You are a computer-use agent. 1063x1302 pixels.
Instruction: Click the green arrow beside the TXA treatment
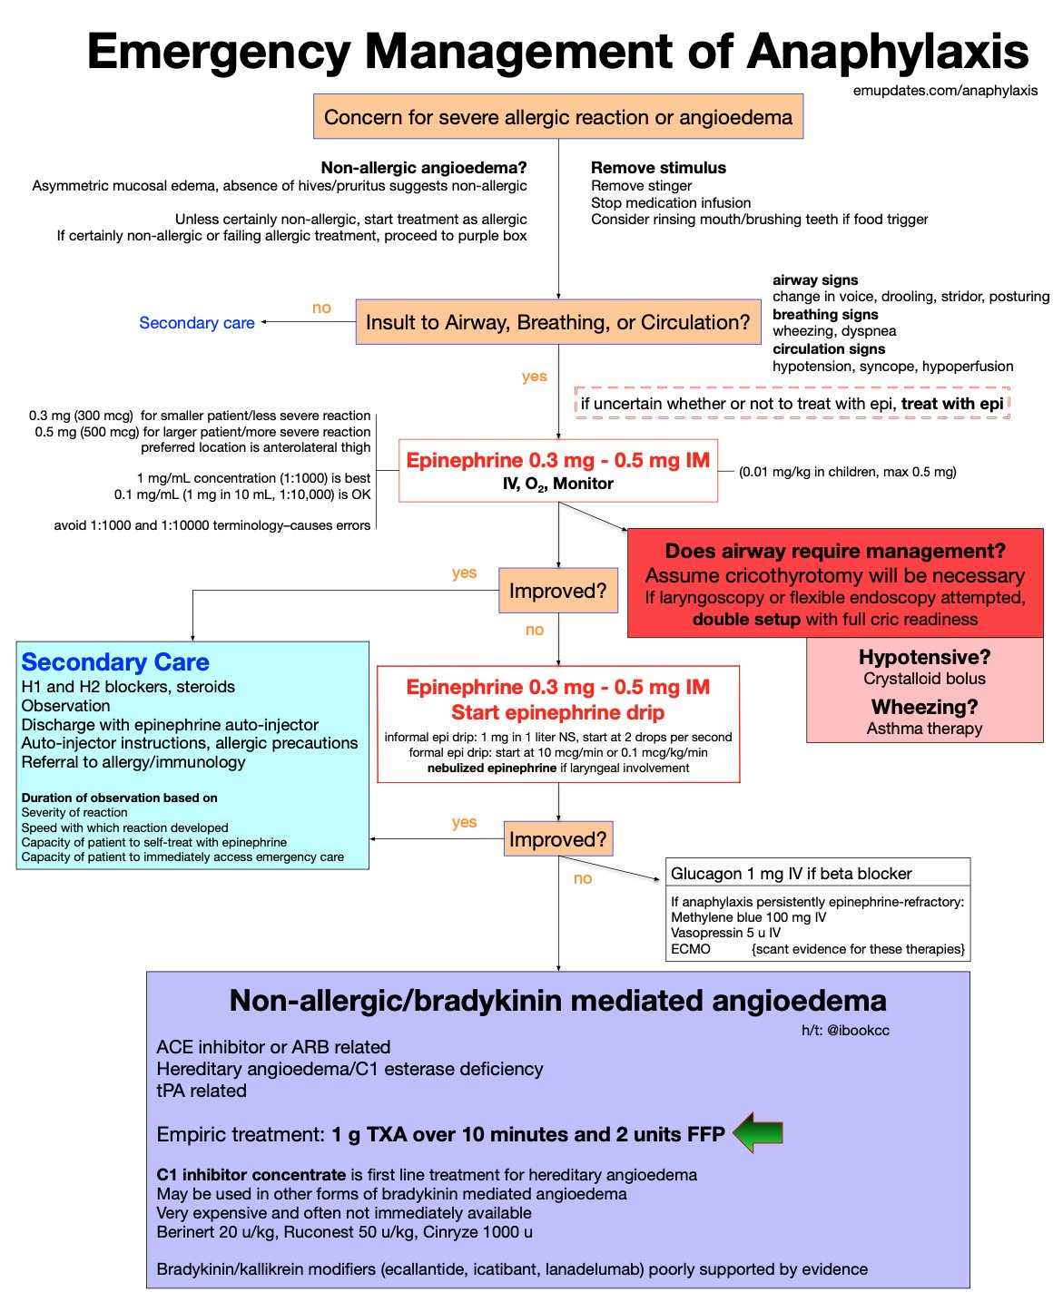pos(757,1132)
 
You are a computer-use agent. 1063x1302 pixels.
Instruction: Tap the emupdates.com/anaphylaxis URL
pos(945,91)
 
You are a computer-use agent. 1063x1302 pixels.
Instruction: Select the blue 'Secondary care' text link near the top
pos(197,323)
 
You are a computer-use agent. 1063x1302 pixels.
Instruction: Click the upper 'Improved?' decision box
pos(557,591)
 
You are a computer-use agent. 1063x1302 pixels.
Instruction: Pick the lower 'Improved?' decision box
pos(557,839)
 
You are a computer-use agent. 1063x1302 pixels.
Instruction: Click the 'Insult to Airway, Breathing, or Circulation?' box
pos(557,322)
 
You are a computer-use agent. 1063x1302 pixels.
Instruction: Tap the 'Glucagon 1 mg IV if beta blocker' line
pos(791,874)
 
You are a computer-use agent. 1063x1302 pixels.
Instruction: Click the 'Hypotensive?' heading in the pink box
pos(924,657)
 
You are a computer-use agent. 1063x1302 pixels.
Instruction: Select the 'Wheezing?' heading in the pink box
pos(924,707)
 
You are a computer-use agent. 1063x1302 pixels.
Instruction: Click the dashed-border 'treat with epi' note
pos(792,404)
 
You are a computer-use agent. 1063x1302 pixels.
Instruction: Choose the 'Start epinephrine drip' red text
pos(557,712)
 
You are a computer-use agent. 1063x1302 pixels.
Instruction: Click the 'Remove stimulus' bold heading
pos(658,168)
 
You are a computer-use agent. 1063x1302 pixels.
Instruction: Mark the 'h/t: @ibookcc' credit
pos(844,1030)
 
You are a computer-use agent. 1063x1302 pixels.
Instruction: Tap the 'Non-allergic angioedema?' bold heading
pos(424,168)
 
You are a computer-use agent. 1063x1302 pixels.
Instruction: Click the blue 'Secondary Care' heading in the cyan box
pos(115,662)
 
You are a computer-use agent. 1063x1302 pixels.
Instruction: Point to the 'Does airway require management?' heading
pos(835,551)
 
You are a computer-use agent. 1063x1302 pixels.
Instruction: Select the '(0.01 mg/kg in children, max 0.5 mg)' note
pos(847,472)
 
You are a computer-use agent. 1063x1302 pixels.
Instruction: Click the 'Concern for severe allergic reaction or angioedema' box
pos(557,117)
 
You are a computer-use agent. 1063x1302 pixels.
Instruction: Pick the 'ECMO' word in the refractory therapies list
pos(691,949)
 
